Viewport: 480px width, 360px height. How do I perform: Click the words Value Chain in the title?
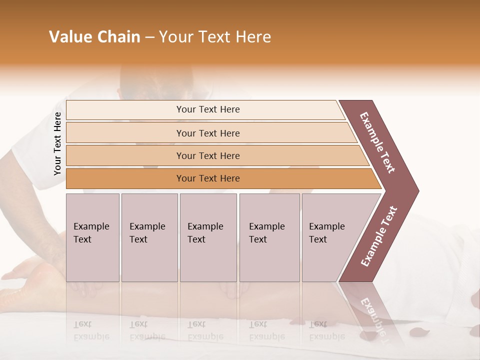(x=94, y=37)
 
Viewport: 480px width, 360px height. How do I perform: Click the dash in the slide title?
(x=149, y=37)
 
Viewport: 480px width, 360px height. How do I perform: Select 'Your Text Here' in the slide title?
(x=215, y=37)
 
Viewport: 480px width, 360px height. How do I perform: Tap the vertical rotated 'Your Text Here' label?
(x=57, y=143)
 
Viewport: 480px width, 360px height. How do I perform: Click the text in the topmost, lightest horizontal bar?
(x=208, y=109)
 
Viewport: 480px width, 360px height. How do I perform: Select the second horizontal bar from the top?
(x=208, y=133)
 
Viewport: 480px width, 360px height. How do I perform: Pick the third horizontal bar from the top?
(x=208, y=156)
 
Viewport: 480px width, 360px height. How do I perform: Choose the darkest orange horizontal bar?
(x=208, y=178)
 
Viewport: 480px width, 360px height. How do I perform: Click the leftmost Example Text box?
(x=92, y=237)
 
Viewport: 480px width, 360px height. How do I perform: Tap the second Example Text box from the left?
(x=149, y=237)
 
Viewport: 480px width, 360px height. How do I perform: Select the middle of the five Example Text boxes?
(x=208, y=237)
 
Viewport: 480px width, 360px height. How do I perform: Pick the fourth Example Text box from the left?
(x=269, y=237)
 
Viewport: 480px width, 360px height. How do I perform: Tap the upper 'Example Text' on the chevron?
(x=377, y=142)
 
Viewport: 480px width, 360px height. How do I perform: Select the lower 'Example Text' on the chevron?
(x=379, y=236)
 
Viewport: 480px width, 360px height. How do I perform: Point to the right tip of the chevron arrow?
(x=417, y=191)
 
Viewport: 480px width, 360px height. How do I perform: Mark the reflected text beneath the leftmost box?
(x=91, y=330)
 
